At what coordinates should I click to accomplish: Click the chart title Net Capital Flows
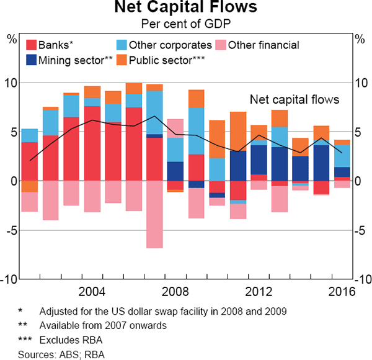tap(185, 9)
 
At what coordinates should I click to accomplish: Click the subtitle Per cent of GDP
tap(185, 24)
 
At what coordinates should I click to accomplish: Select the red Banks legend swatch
tap(30, 45)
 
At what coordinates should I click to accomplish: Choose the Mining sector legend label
tap(74, 60)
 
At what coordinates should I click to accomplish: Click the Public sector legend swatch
tap(122, 60)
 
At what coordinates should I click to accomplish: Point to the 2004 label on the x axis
tap(92, 292)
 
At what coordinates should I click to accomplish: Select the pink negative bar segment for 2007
tap(155, 214)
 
